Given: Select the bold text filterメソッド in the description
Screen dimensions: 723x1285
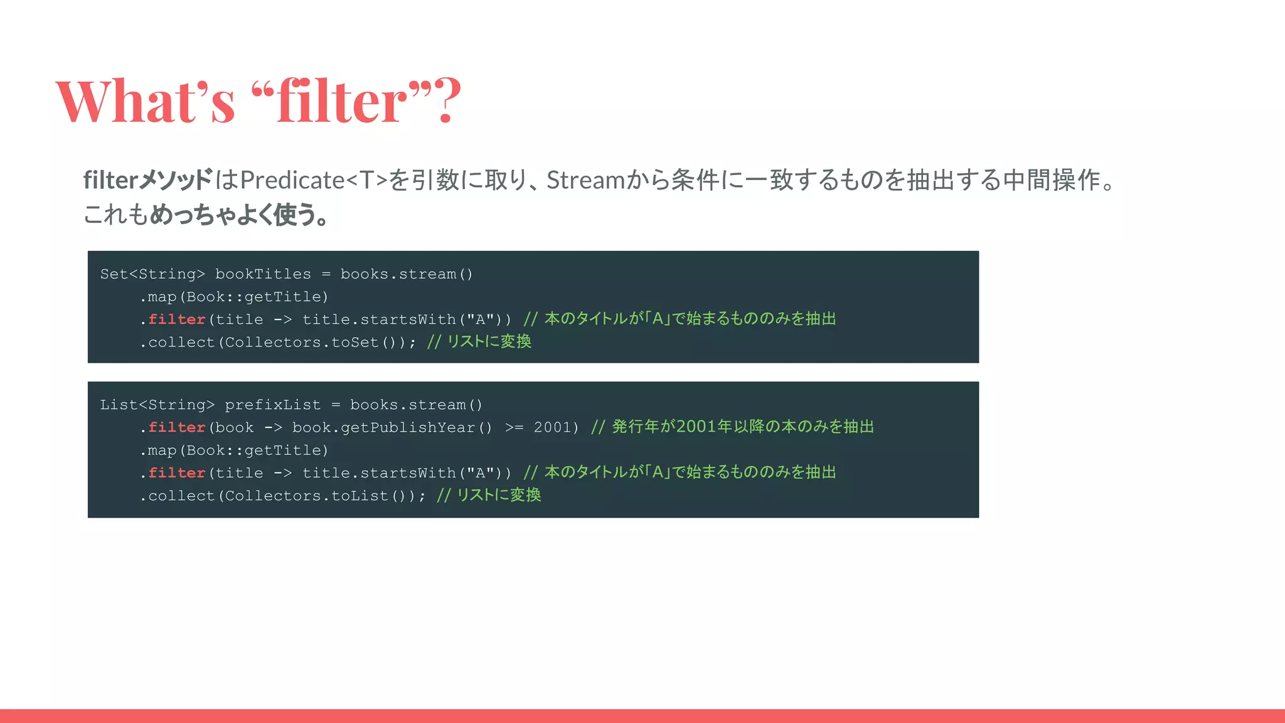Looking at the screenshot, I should tap(148, 180).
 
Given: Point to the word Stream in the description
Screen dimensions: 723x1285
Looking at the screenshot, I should tap(585, 180).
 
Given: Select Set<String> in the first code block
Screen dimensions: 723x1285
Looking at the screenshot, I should tap(152, 274).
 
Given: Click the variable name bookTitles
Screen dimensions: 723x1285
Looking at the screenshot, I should tap(263, 274).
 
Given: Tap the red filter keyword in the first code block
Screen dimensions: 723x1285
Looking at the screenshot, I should tap(177, 319).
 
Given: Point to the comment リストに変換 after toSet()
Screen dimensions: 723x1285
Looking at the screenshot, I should tap(489, 341).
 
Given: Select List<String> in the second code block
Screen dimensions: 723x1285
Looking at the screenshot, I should tap(157, 405).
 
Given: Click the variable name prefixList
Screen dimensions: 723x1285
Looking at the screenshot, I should tap(272, 405).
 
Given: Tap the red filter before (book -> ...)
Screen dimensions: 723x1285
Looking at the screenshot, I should tap(177, 427).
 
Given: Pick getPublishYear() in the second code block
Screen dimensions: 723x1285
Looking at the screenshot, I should tap(392, 427).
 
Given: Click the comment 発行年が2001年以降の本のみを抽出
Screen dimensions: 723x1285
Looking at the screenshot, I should tap(742, 427).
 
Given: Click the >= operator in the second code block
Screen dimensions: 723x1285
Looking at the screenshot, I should tap(514, 427).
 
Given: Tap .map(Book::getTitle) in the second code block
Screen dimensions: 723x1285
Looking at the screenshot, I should tap(234, 451).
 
